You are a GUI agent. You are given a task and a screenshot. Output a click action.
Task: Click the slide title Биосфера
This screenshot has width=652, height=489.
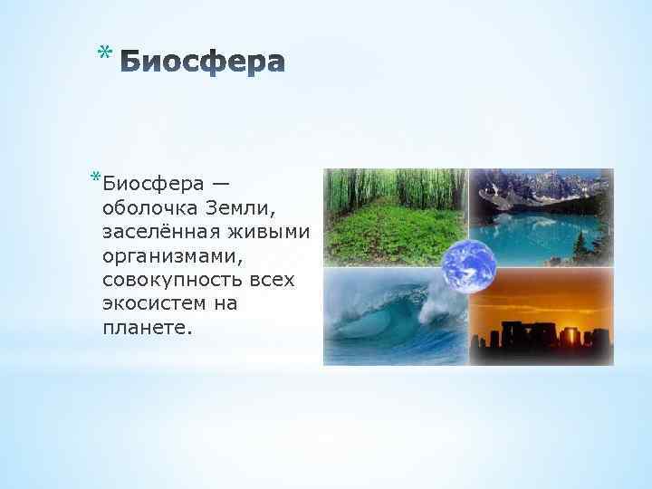click(x=201, y=62)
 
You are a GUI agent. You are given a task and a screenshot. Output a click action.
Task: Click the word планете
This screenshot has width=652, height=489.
click(x=148, y=328)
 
